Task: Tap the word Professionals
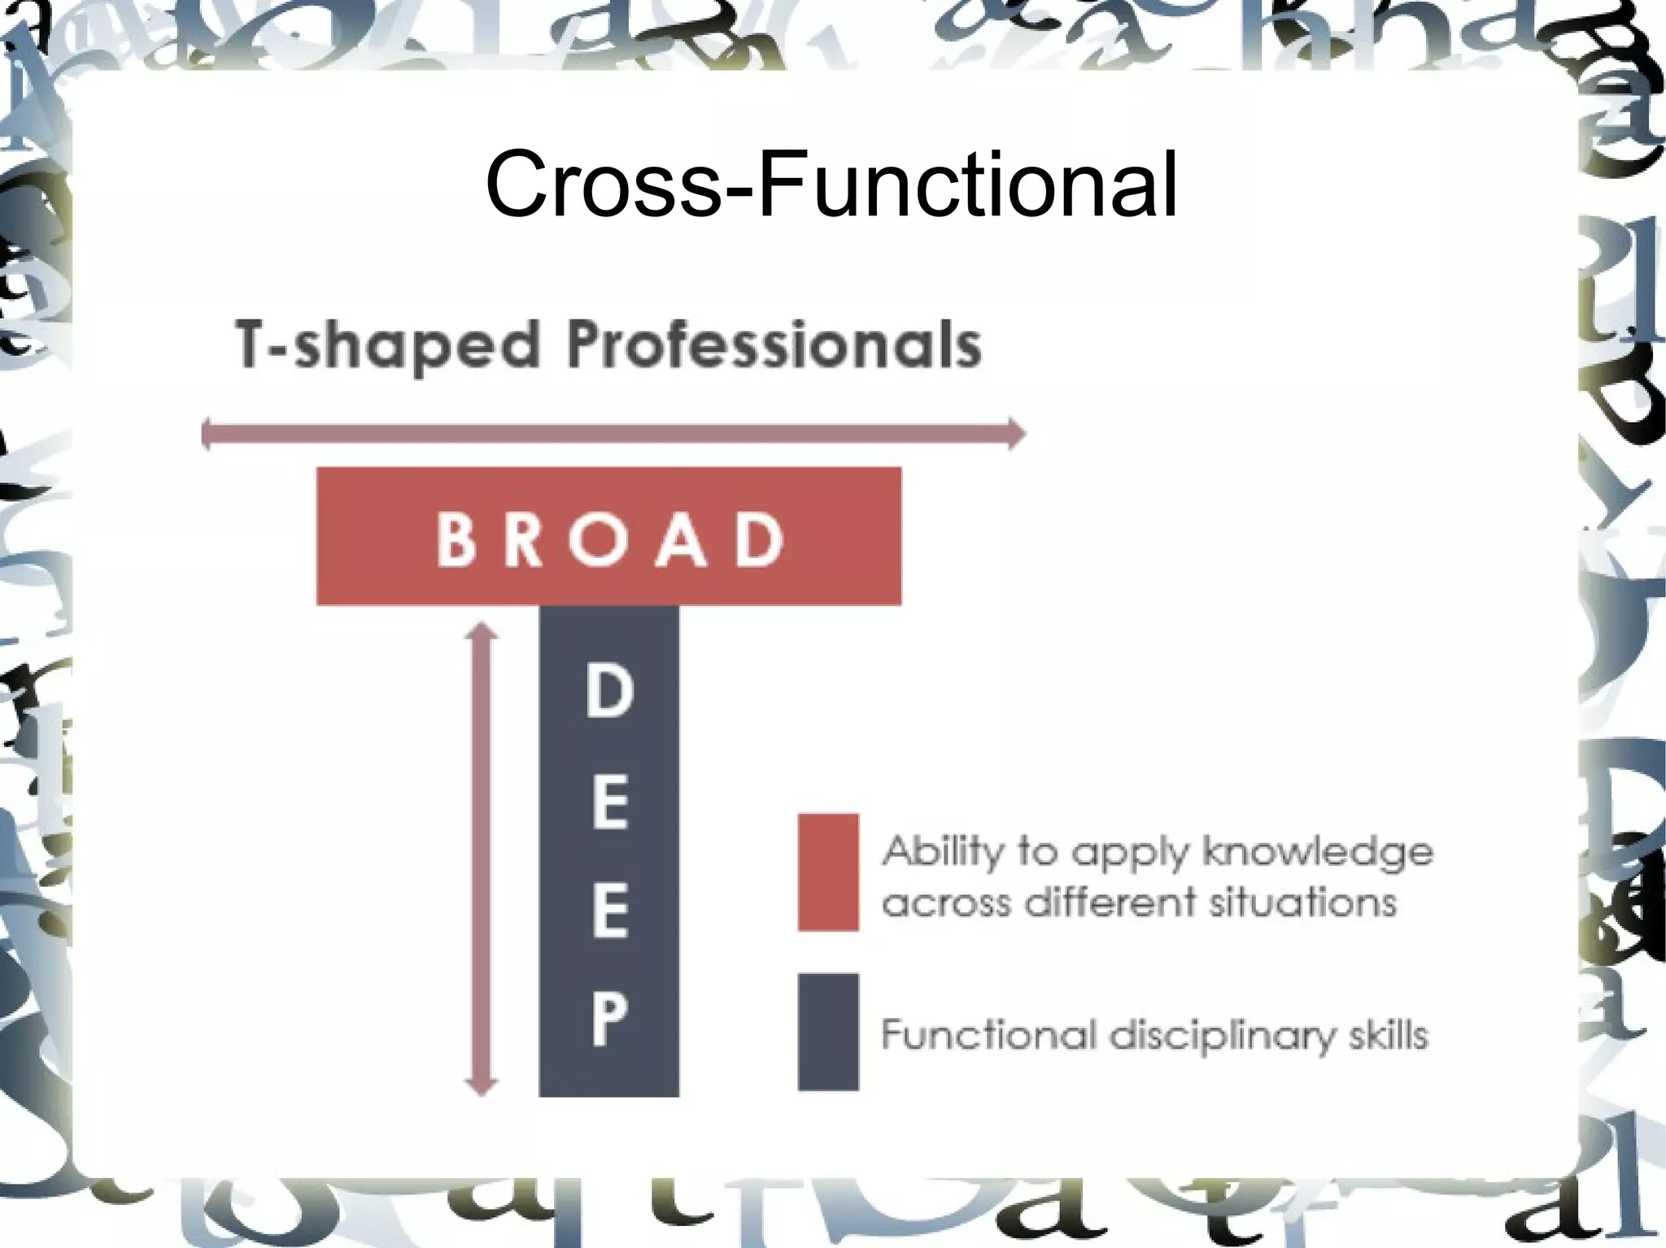774,346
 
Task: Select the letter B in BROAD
457,538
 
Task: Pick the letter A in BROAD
681,538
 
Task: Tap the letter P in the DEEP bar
608,1020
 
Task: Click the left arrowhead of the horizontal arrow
207,433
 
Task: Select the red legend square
828,872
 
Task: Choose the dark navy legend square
828,1031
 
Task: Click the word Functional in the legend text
985,1036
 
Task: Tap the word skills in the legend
1388,1036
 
